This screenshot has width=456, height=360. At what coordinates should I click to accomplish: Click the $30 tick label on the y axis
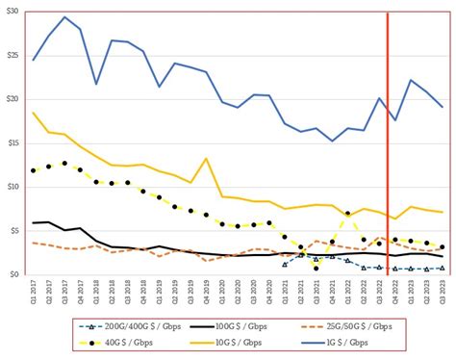click(x=13, y=11)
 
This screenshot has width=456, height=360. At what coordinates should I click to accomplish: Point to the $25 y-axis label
click(x=13, y=55)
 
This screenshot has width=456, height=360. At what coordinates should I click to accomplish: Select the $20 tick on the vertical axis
click(x=13, y=99)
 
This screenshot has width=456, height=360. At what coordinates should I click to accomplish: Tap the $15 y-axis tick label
click(x=13, y=142)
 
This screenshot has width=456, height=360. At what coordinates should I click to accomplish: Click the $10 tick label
click(x=13, y=187)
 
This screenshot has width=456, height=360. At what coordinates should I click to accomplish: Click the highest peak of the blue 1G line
click(x=64, y=17)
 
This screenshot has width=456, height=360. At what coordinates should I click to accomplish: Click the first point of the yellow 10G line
click(x=34, y=113)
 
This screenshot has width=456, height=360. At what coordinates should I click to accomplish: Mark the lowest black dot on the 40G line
click(x=316, y=268)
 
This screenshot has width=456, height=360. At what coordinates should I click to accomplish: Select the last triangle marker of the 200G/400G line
click(x=442, y=269)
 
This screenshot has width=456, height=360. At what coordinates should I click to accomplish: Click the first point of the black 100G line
click(x=34, y=222)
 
